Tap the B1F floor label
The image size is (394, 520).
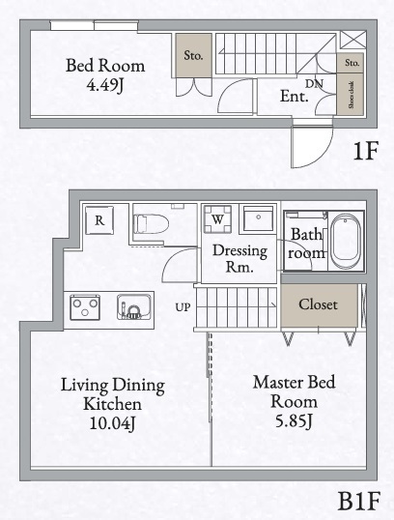[359, 501]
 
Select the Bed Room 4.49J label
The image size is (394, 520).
[105, 75]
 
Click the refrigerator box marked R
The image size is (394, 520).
[99, 220]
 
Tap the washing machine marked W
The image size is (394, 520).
[218, 219]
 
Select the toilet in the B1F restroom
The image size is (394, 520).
[150, 223]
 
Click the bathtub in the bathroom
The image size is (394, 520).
[346, 242]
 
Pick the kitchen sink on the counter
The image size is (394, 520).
[132, 308]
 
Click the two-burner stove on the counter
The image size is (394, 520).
[85, 308]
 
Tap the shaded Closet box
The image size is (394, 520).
[318, 304]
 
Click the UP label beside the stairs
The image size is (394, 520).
[183, 307]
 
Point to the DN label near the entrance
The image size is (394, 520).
[314, 84]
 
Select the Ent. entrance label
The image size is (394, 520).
[294, 97]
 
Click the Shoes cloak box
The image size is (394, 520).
[352, 97]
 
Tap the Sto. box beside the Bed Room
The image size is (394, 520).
[194, 55]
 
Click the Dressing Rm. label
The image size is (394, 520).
[233, 258]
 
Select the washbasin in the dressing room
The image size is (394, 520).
[258, 219]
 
